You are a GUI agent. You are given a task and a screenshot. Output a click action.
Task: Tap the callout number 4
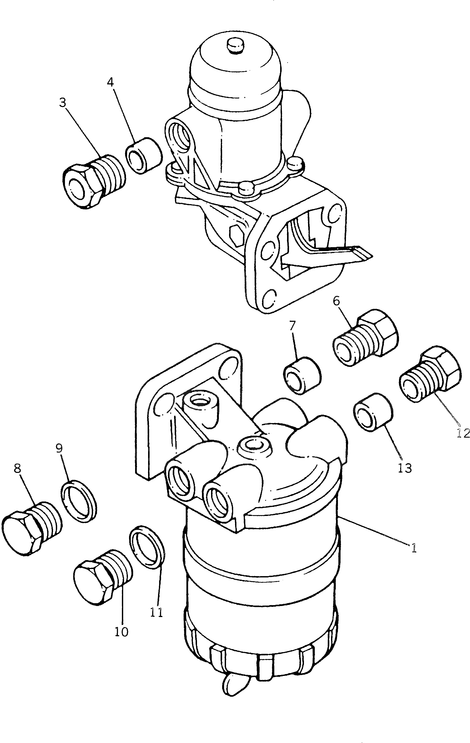110,82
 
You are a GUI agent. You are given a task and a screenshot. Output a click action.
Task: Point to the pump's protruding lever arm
342,253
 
